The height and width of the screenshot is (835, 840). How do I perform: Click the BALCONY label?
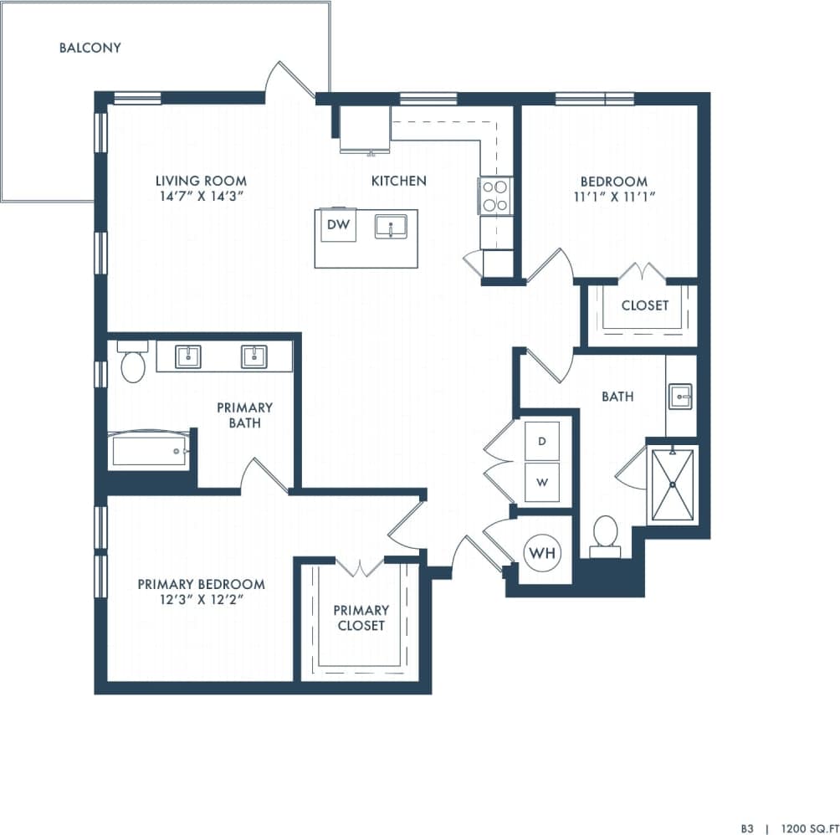90,48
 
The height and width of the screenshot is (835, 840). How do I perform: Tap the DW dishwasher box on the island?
337,224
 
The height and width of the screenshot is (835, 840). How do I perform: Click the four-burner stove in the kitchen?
494,196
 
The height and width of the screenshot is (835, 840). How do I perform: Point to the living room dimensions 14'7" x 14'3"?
201,197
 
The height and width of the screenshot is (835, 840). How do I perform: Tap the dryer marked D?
542,441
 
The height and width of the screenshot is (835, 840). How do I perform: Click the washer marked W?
542,483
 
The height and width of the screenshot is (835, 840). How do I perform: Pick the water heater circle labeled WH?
542,553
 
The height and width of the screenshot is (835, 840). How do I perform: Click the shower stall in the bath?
672,484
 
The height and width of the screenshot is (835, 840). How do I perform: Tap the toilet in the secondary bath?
605,535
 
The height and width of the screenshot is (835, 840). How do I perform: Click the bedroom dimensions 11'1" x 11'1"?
614,197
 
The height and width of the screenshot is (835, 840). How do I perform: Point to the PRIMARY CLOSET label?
361,617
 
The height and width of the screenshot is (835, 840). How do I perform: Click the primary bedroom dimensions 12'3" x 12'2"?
201,600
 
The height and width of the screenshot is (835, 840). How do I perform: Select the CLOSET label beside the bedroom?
644,305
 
